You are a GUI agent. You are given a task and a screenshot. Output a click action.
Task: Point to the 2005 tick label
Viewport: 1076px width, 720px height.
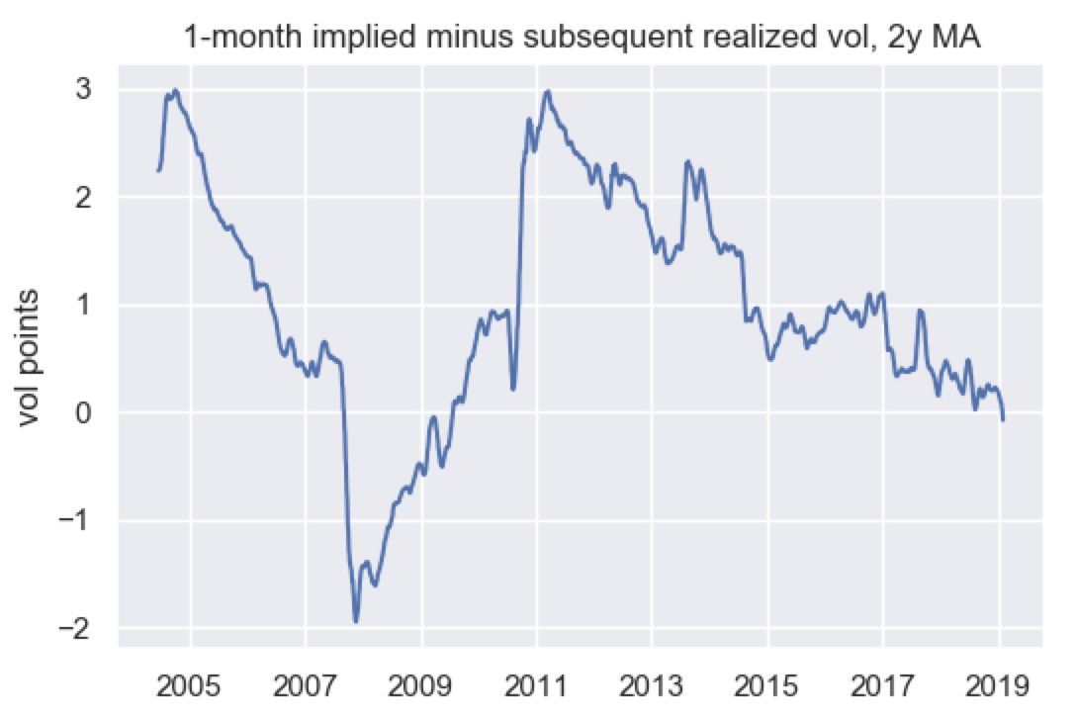192,685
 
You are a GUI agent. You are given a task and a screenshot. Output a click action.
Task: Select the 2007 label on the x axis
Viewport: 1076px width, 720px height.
307,685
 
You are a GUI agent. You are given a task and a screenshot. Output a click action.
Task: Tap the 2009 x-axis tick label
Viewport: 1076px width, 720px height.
422,685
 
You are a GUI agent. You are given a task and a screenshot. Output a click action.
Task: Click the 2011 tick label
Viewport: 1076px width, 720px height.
537,685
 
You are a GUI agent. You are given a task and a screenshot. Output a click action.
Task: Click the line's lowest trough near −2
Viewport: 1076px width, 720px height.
356,621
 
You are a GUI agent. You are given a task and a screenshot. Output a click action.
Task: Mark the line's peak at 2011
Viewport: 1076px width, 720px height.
547,91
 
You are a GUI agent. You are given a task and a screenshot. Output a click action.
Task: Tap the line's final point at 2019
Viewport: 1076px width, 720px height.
1003,420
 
